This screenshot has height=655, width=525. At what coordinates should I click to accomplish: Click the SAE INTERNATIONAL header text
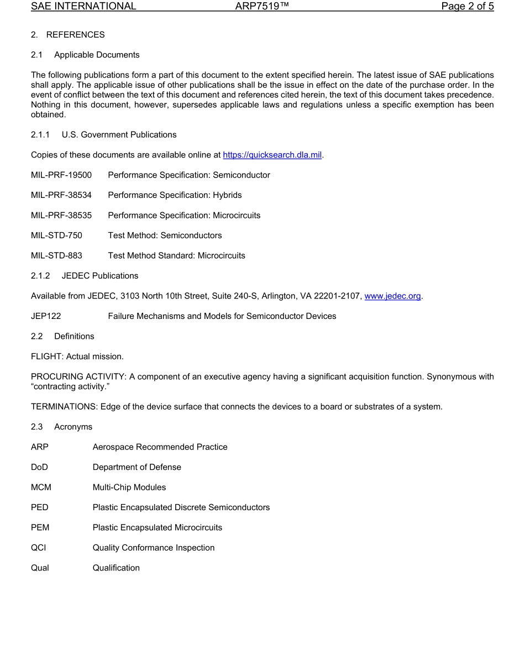pyautogui.click(x=83, y=7)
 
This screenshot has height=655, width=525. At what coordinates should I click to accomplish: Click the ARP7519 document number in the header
pyautogui.click(x=259, y=7)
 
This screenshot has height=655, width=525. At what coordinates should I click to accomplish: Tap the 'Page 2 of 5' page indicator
pyautogui.click(x=467, y=7)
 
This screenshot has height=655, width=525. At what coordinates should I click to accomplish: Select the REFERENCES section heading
pyautogui.click(x=75, y=35)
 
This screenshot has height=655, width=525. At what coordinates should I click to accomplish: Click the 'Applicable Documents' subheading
pyautogui.click(x=97, y=55)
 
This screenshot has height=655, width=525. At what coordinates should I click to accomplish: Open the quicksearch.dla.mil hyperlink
pyautogui.click(x=272, y=155)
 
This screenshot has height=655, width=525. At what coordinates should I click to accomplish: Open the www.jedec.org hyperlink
pyautogui.click(x=392, y=296)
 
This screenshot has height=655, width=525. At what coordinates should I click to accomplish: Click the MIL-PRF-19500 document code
pyautogui.click(x=61, y=175)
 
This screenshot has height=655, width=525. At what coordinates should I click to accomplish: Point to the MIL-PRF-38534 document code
pyautogui.click(x=61, y=195)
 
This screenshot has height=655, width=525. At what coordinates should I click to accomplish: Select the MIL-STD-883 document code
pyautogui.click(x=56, y=255)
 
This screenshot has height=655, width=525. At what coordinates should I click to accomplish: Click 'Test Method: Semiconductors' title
pyautogui.click(x=165, y=235)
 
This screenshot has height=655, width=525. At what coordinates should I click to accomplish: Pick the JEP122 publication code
pyautogui.click(x=46, y=316)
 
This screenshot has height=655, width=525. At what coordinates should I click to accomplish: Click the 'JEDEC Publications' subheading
pyautogui.click(x=108, y=275)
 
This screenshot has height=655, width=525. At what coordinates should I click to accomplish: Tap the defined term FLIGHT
pyautogui.click(x=46, y=357)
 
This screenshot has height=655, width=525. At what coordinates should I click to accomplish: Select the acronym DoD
pyautogui.click(x=39, y=467)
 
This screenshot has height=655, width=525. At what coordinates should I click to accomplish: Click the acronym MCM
pyautogui.click(x=41, y=487)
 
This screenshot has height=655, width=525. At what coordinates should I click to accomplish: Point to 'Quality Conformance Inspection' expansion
pyautogui.click(x=154, y=548)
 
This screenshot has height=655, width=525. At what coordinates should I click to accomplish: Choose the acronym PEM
pyautogui.click(x=40, y=527)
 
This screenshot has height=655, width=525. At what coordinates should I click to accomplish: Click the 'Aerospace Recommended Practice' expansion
pyautogui.click(x=160, y=447)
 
